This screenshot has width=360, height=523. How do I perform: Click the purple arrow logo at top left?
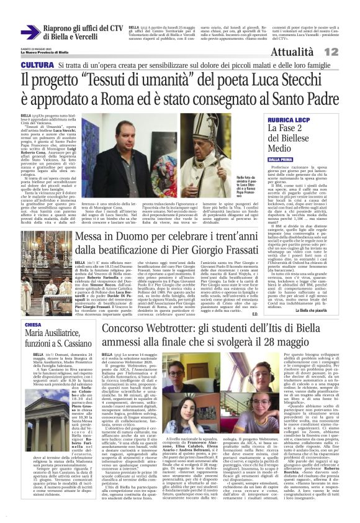[30, 32]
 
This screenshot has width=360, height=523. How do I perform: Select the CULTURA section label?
[37, 65]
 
